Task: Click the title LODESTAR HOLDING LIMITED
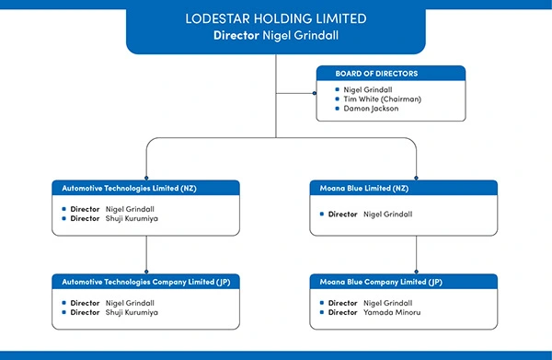tap(276, 18)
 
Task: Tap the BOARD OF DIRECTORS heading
tap(376, 74)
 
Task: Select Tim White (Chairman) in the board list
tap(383, 99)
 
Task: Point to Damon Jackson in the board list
tap(371, 109)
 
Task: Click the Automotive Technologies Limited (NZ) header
tap(129, 188)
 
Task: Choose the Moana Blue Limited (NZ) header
tap(364, 188)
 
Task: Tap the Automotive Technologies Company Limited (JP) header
tap(146, 282)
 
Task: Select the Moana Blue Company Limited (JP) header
tap(381, 282)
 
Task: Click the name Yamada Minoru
tap(392, 312)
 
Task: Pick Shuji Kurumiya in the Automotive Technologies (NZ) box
tap(132, 218)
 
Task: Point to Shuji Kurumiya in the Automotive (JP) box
tap(132, 312)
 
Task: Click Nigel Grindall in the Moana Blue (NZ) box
tap(387, 215)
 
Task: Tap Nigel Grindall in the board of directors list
tap(368, 90)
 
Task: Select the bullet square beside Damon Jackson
tap(338, 109)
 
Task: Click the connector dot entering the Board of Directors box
tap(315, 93)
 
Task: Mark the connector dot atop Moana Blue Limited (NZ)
tap(416, 178)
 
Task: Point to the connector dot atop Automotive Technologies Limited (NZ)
tap(146, 178)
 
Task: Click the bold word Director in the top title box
tap(236, 35)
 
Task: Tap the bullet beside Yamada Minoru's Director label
tap(322, 312)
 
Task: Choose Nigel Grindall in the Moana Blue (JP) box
tap(387, 303)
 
